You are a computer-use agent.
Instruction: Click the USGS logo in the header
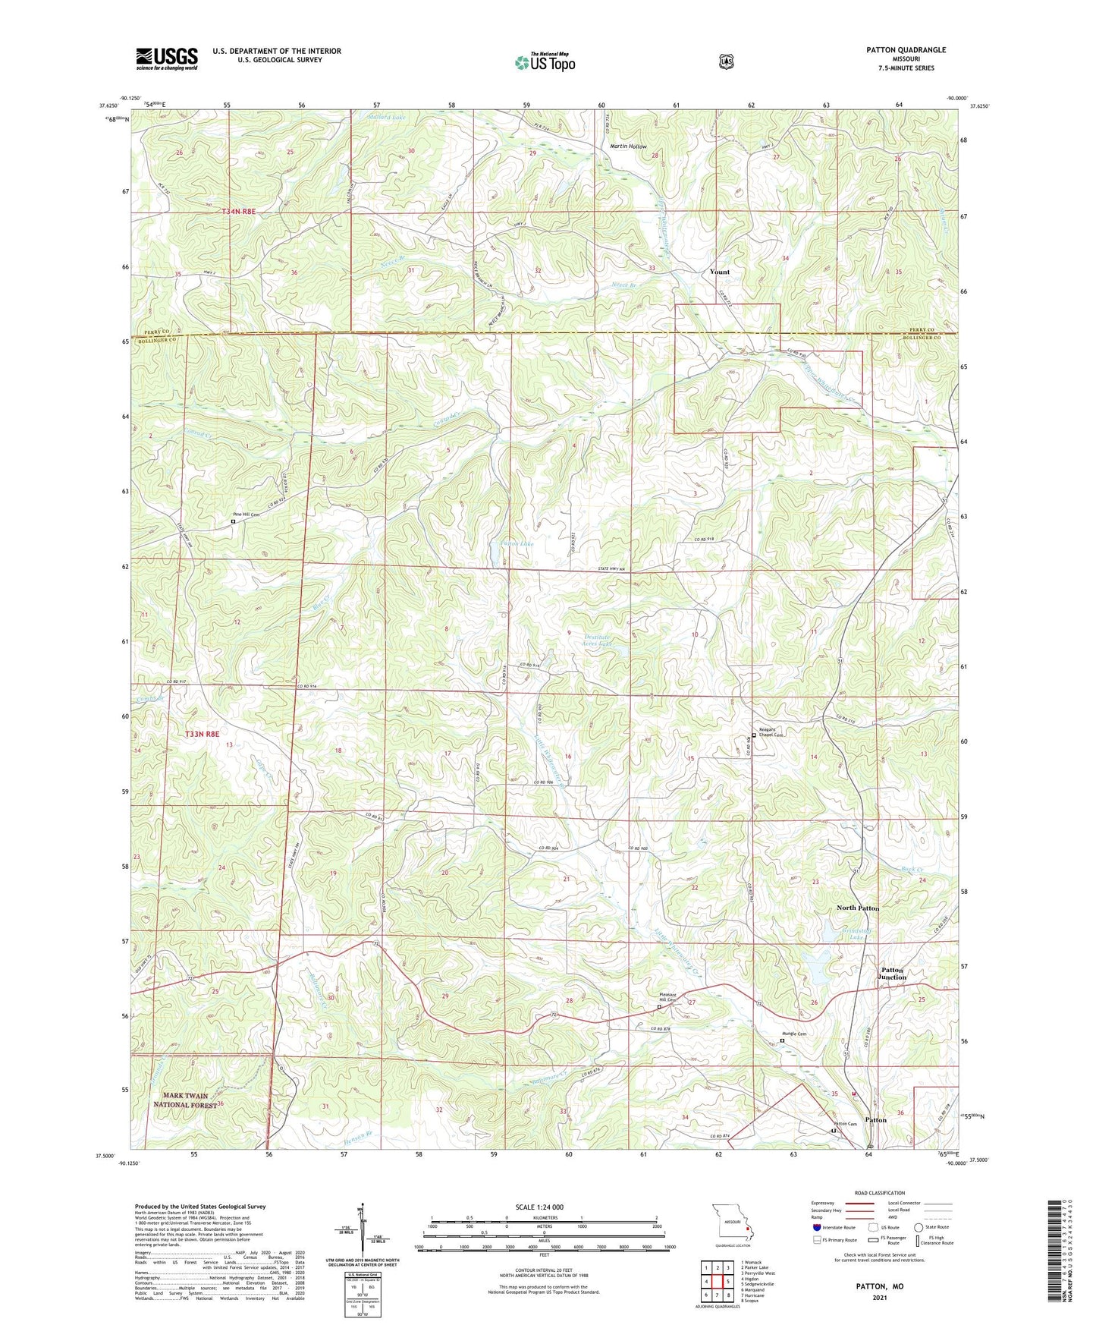pos(167,58)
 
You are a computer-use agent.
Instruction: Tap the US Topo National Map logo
pos(544,62)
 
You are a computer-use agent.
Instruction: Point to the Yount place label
pos(719,272)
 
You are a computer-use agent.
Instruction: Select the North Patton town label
pos(858,908)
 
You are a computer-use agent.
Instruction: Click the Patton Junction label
pos(893,974)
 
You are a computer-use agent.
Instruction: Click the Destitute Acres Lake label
pos(597,640)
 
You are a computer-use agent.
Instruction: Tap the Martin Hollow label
pos(629,146)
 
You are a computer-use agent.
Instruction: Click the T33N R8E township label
pos(203,734)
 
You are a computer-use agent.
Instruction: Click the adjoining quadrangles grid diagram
pos(716,1283)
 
